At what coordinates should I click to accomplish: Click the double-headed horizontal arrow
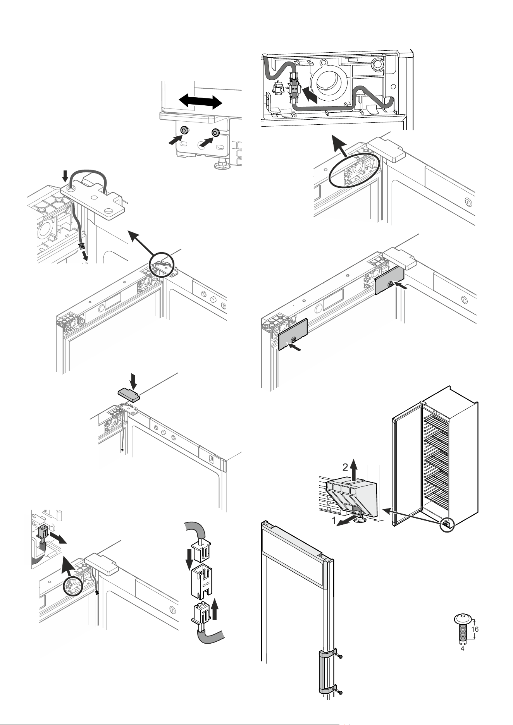pos(200,102)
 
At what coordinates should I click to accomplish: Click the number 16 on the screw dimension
pos(475,629)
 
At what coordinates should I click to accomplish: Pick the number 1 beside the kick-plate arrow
pos(334,521)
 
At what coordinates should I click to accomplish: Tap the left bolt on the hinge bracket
pos(185,130)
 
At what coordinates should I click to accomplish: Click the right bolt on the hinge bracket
pos(215,132)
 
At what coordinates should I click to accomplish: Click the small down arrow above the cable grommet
pos(65,177)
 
